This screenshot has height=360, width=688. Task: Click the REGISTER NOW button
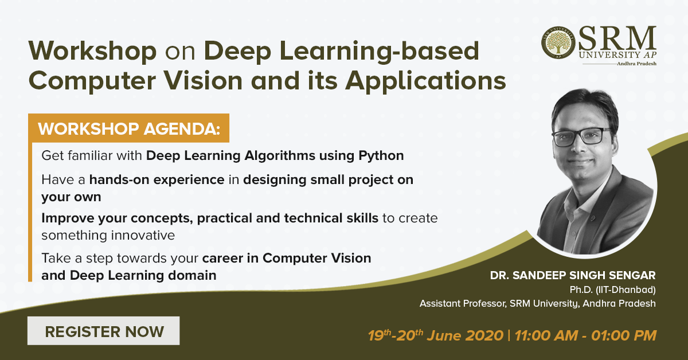[104, 331]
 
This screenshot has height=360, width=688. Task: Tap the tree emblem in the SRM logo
[558, 42]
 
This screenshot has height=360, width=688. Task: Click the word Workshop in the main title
[92, 51]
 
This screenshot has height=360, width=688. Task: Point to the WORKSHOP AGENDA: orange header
[128, 128]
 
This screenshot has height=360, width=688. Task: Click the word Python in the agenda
[381, 156]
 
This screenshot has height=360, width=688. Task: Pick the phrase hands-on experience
[157, 180]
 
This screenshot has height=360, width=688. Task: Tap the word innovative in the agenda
[143, 236]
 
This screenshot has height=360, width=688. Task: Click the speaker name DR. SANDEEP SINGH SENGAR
[573, 275]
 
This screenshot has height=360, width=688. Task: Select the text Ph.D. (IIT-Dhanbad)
[613, 289]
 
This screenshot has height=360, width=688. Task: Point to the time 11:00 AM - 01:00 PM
[585, 335]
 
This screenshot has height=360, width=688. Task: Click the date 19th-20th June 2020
[436, 335]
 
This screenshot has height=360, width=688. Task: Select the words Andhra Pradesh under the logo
[637, 64]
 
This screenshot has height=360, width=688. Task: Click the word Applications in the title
[425, 81]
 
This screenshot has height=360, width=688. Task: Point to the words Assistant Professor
[463, 303]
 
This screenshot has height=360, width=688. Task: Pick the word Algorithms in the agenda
[280, 156]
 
